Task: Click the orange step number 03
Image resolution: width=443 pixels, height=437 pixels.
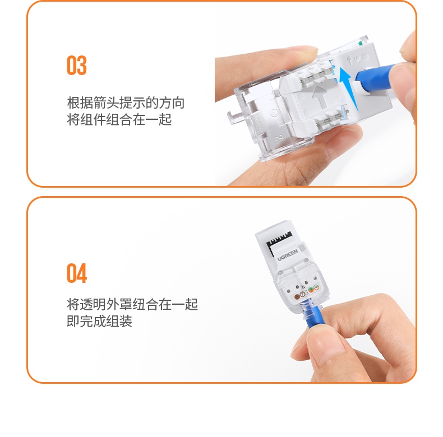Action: (77, 66)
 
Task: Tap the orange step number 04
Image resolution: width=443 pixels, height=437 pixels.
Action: (77, 273)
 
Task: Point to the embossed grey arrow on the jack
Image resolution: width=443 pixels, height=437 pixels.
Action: (320, 96)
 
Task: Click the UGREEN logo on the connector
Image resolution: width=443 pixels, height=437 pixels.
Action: (287, 255)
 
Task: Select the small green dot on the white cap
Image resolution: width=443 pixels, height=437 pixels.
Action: (360, 44)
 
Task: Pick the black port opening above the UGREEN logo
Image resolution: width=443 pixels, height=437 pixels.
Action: (279, 242)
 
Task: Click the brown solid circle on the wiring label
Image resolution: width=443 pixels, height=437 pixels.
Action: (297, 297)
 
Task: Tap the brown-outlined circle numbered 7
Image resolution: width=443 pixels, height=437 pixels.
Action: (302, 294)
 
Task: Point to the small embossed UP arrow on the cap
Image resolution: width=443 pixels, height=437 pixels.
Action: (349, 60)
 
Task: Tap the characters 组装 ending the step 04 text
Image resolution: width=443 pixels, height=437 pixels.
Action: (119, 321)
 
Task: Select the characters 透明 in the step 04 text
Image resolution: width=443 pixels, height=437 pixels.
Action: (93, 304)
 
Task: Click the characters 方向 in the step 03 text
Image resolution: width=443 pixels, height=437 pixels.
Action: (172, 103)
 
